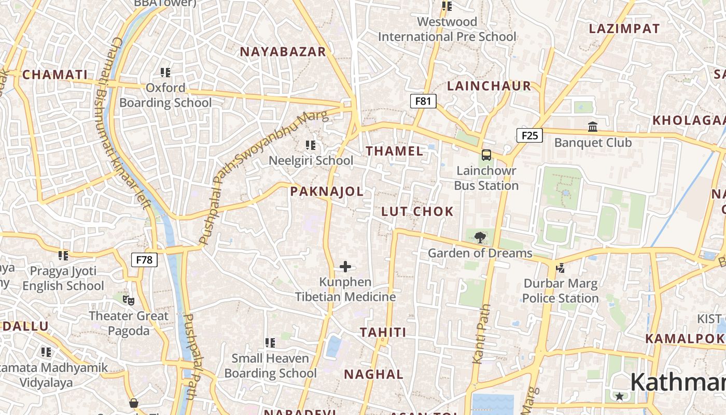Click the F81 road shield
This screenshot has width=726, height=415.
pyautogui.click(x=423, y=101)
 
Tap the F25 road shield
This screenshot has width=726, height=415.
pyautogui.click(x=529, y=135)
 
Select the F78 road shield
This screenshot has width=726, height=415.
pyautogui.click(x=144, y=259)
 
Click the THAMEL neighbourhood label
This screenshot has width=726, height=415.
pyautogui.click(x=395, y=151)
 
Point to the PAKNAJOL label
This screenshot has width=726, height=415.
pyautogui.click(x=327, y=191)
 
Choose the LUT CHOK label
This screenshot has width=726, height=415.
pyautogui.click(x=417, y=211)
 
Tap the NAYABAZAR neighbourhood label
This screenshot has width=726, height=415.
pyautogui.click(x=283, y=51)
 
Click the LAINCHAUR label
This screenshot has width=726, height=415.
pyautogui.click(x=489, y=86)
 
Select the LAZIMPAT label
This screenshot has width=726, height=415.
pyautogui.click(x=624, y=29)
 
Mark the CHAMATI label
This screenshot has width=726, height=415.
pyautogui.click(x=55, y=75)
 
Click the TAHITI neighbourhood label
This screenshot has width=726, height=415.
pyautogui.click(x=383, y=332)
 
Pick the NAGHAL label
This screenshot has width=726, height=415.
pyautogui.click(x=373, y=374)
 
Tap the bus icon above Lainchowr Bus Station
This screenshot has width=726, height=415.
pyautogui.click(x=486, y=155)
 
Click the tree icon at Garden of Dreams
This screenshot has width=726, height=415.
pyautogui.click(x=480, y=238)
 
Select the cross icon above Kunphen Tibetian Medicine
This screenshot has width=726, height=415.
pyautogui.click(x=345, y=267)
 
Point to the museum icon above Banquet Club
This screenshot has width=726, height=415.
pyautogui.click(x=593, y=127)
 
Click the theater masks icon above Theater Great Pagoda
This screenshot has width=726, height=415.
pyautogui.click(x=129, y=300)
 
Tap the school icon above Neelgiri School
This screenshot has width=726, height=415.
pyautogui.click(x=311, y=145)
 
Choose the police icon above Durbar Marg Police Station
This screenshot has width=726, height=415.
pyautogui.click(x=560, y=268)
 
